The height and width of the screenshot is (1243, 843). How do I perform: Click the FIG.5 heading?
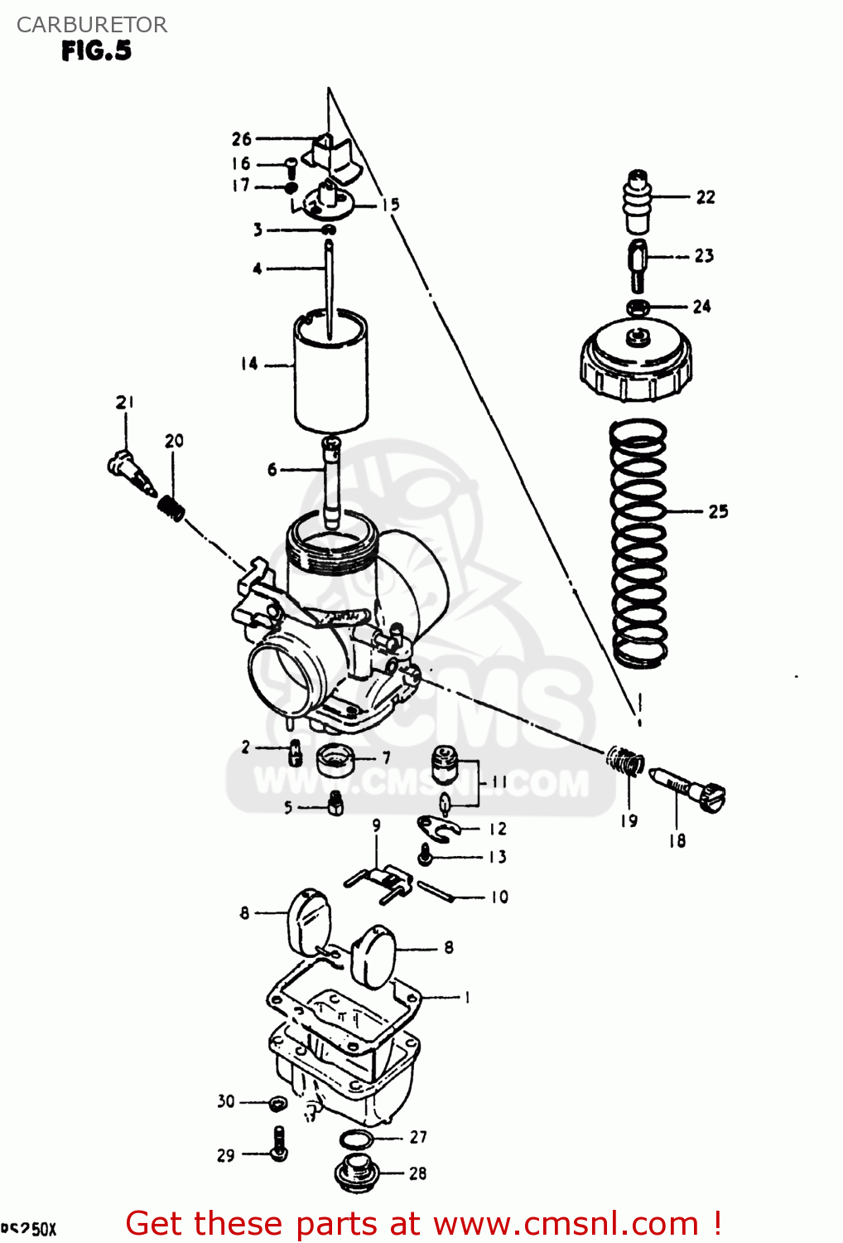coord(96,51)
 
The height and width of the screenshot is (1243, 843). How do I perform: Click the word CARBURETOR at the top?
coord(91,25)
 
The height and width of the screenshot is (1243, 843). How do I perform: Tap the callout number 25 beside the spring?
coord(718,511)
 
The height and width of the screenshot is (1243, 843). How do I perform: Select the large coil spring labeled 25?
coord(638,543)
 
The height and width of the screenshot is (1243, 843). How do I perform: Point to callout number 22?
coord(705,197)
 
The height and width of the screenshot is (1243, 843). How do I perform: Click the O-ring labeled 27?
coord(357,1139)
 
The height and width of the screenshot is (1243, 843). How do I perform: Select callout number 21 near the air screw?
coord(125,403)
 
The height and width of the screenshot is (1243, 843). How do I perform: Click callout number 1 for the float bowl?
coord(467,997)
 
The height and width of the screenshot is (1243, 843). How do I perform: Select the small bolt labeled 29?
coord(279,1144)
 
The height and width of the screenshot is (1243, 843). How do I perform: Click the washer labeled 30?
coord(278,1102)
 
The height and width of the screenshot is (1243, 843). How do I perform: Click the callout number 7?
coord(386,757)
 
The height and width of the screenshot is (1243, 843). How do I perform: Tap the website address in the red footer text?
coord(566,1224)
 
